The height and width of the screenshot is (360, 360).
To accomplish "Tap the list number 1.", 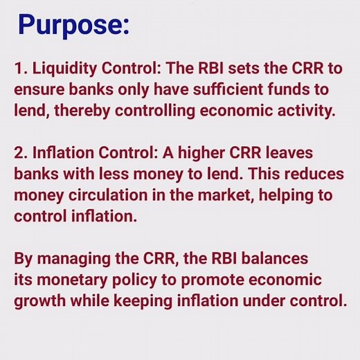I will point(19,70).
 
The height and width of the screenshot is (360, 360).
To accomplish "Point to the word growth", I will point(37,302).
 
